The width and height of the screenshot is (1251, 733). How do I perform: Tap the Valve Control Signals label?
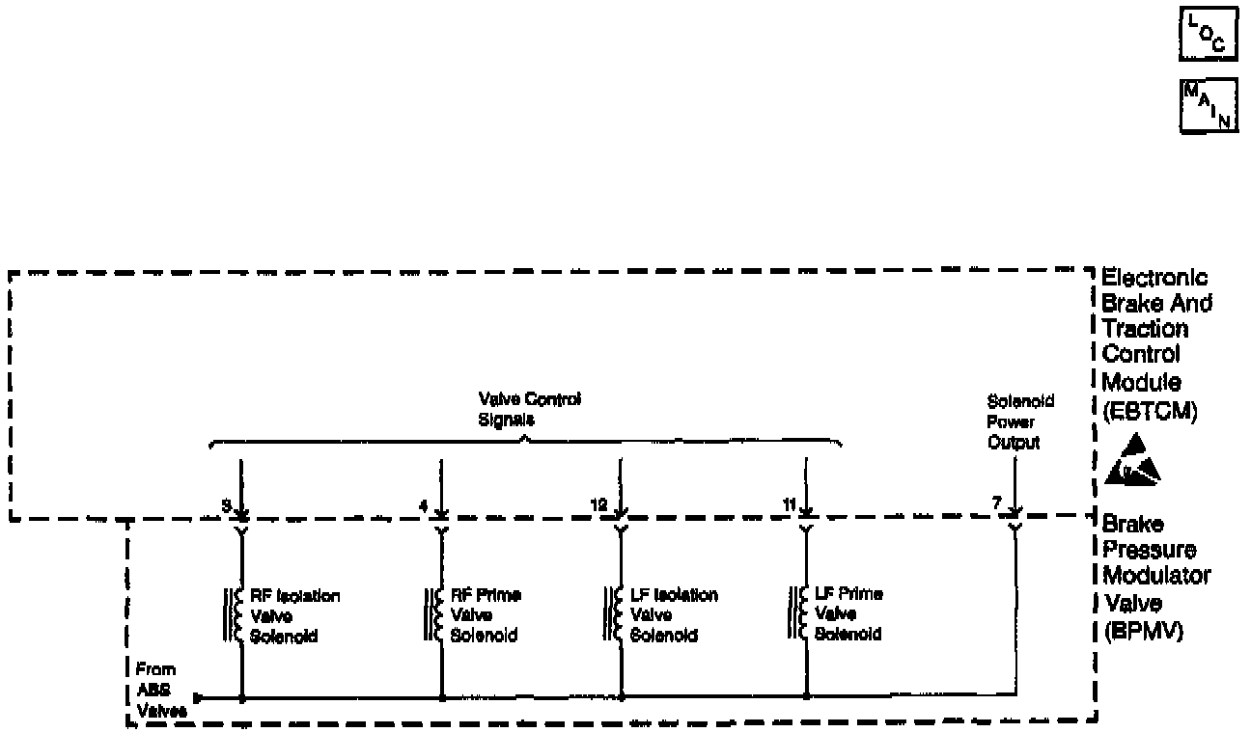point(530,410)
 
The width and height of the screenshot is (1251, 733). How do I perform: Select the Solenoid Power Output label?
point(1014,421)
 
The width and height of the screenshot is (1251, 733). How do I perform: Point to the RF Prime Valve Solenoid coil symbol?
point(433,614)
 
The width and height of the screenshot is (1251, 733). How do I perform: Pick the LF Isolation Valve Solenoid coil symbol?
point(614,614)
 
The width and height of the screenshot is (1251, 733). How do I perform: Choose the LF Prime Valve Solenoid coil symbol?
point(798,614)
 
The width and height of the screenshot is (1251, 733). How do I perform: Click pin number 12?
point(599,503)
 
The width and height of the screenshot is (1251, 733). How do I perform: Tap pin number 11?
point(790,503)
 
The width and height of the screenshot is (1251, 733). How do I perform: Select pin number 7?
point(997,503)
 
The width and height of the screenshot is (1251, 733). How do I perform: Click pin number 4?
point(423,503)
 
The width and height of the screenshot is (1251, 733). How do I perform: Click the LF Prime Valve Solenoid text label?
point(848,614)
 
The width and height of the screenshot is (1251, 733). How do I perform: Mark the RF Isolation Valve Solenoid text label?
point(294,615)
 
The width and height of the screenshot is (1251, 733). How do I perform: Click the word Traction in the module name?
point(1147,328)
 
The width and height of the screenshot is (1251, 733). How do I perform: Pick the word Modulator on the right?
point(1156,576)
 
